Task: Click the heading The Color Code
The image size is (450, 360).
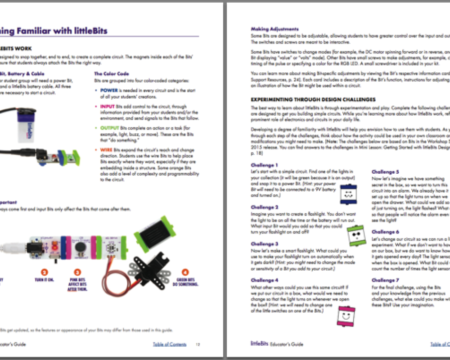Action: coord(111,73)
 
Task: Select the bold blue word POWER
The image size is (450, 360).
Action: coord(109,90)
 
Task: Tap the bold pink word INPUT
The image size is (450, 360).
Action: coord(108,106)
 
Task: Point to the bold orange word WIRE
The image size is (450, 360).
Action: coord(106,149)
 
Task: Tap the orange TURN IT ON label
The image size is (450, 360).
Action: coord(44,281)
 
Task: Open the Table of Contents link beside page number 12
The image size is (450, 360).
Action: coord(169,344)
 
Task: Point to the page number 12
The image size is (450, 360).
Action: coord(198,344)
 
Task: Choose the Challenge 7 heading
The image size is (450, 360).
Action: coord(385,280)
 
